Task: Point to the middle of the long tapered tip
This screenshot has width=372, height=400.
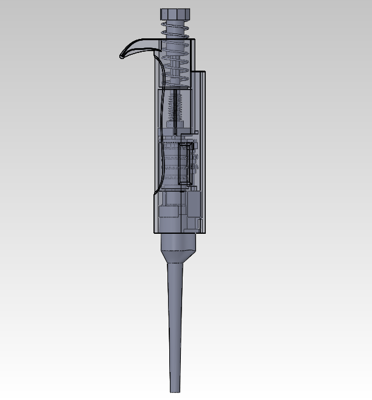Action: pyautogui.click(x=175, y=323)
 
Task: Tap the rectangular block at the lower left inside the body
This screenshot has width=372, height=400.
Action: pyautogui.click(x=169, y=211)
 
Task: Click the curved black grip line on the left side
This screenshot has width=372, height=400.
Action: pyautogui.click(x=156, y=122)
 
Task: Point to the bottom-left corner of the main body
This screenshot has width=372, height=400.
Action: pyautogui.click(x=152, y=232)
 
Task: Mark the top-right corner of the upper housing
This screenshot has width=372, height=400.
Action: pyautogui.click(x=194, y=40)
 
